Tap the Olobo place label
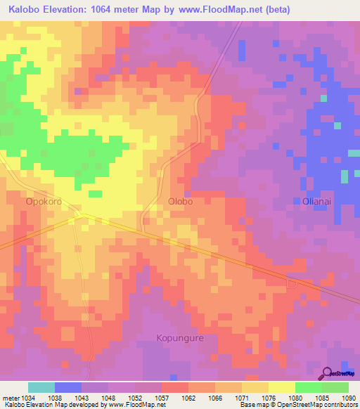[x=181, y=200]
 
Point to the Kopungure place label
[x=179, y=338]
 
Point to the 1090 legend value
[x=349, y=396]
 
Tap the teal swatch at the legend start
[x=41, y=387]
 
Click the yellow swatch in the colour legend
[x=281, y=387]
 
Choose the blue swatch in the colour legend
[x=68, y=387]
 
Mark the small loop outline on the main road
[x=292, y=283]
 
